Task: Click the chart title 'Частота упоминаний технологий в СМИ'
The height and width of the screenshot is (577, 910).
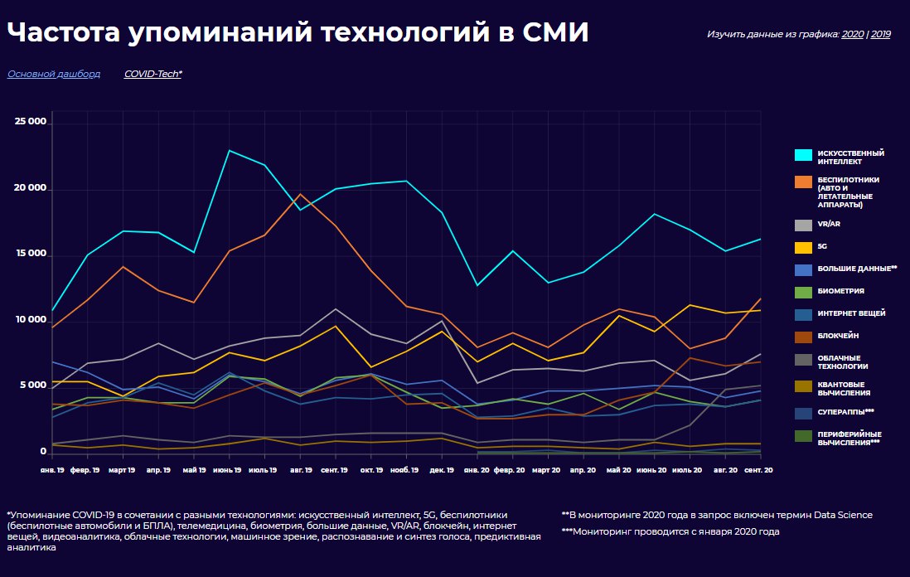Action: tap(298, 32)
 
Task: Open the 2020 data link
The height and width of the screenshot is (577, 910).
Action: tap(852, 35)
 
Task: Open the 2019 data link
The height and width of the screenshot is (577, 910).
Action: tap(880, 35)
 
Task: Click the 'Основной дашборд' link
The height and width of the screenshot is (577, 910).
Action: tap(54, 74)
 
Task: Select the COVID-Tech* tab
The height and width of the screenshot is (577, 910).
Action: tap(153, 74)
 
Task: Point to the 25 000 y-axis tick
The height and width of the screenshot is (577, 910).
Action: tap(31, 122)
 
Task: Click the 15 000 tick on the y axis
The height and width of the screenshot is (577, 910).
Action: tap(31, 255)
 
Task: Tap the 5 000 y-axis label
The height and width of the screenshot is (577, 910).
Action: tap(34, 386)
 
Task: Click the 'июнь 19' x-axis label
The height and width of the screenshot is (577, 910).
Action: tap(229, 470)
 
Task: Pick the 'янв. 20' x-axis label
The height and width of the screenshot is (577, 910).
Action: tap(477, 470)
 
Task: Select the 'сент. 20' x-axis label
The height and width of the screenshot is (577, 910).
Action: tap(758, 470)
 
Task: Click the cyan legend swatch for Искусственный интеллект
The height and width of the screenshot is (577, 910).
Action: tap(803, 155)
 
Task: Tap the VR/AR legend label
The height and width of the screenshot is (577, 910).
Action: tap(829, 224)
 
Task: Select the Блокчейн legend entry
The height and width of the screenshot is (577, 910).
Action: tap(838, 336)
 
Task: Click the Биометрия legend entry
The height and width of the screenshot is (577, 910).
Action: tap(840, 291)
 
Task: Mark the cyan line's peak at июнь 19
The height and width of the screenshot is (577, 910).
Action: tap(229, 151)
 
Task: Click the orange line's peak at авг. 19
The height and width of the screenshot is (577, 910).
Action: tap(300, 194)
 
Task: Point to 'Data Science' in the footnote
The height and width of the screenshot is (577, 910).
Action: tap(843, 515)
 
